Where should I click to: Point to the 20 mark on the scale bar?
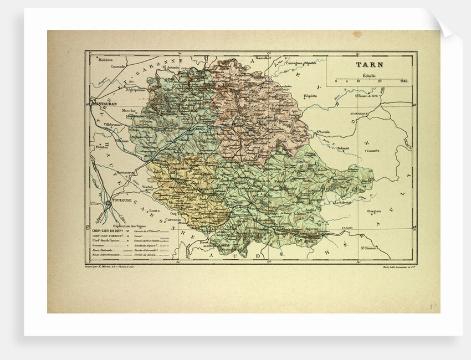point(380,81)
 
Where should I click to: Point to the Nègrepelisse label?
point(135,89)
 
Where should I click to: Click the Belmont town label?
point(343,148)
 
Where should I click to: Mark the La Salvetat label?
point(344,203)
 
